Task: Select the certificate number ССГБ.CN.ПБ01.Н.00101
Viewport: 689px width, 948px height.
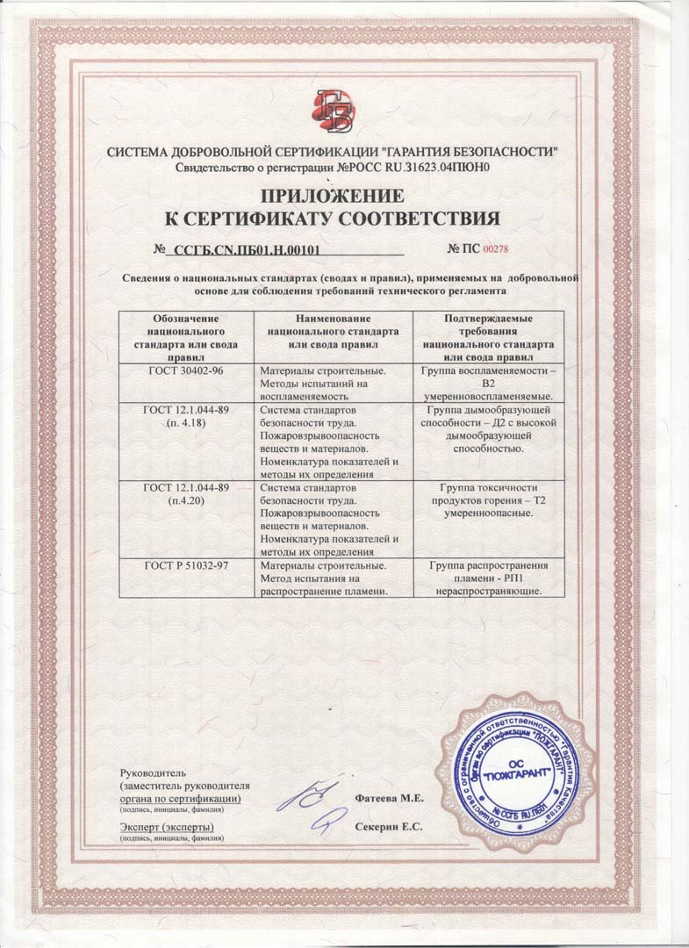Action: pos(246,250)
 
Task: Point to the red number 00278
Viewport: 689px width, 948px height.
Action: pos(496,250)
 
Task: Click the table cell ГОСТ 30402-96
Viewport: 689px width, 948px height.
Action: pos(184,371)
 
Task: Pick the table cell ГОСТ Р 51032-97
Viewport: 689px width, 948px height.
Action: pos(186,566)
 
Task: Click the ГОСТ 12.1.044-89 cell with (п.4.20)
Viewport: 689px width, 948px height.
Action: pos(185,494)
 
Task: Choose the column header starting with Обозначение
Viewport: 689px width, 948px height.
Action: pos(185,338)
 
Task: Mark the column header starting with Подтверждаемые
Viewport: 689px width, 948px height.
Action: pos(490,338)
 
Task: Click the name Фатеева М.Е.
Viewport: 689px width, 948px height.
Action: pos(390,799)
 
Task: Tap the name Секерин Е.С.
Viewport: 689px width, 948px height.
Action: pos(389,827)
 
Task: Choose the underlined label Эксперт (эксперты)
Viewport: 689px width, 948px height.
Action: pos(166,827)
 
